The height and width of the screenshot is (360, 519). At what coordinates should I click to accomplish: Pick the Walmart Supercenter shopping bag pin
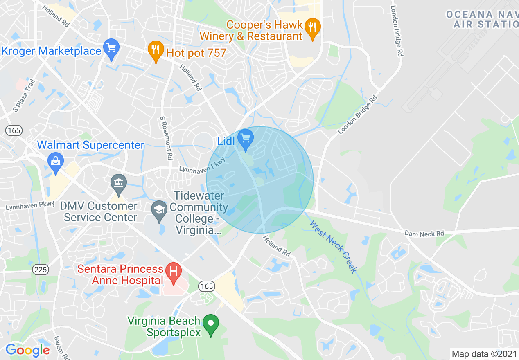point(56,162)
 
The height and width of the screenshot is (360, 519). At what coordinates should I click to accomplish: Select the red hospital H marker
point(174,272)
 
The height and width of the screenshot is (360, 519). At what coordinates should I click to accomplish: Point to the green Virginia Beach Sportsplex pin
point(211,325)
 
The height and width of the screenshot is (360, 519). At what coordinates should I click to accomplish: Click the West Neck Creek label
point(333,246)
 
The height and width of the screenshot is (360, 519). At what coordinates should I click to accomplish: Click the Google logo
point(27,350)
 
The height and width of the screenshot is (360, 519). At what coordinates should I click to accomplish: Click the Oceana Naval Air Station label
point(482,19)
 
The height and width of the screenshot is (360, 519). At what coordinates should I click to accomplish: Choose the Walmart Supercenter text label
point(90,145)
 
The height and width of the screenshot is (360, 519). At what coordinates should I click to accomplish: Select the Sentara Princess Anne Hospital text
point(120,274)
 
